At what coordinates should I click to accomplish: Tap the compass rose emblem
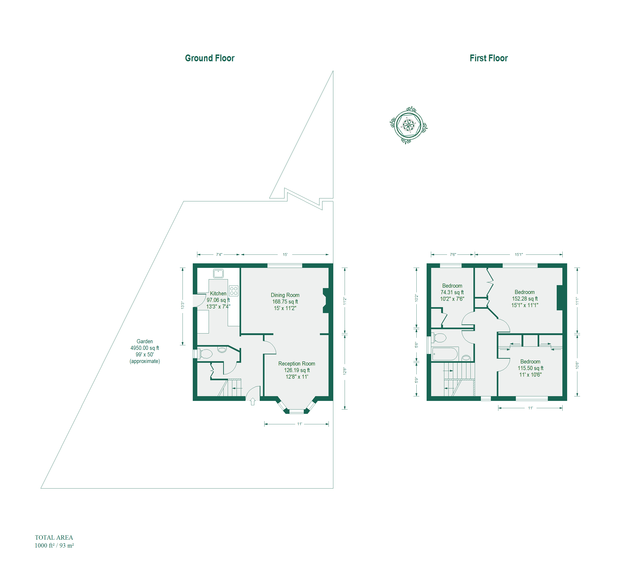(408, 125)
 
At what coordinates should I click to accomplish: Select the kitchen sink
(218, 274)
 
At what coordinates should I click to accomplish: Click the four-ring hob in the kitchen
(234, 291)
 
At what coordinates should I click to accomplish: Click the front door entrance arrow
(252, 402)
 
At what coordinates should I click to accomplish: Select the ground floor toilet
(205, 353)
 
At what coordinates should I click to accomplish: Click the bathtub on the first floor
(445, 354)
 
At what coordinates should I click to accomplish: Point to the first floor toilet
(439, 338)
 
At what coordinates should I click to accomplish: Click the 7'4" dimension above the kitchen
(219, 254)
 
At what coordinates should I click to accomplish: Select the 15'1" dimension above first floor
(519, 254)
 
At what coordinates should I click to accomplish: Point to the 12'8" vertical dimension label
(345, 371)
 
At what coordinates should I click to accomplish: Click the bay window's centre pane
(296, 411)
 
